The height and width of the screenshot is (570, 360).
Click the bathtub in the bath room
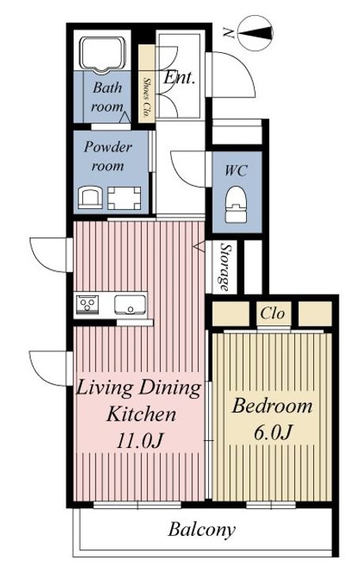coord(103,54)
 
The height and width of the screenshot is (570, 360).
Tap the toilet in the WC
coord(236,204)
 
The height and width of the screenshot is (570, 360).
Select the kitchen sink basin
coord(130,304)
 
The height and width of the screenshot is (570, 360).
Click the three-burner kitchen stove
coord(87,304)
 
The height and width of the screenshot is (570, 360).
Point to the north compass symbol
coord(255,33)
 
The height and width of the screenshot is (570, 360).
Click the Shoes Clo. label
coord(146,97)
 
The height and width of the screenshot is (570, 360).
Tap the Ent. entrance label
coord(179,78)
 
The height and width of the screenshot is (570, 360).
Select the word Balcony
coord(202,530)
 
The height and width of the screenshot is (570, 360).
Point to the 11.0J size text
coord(140,441)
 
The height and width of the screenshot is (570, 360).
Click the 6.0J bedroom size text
coord(272,432)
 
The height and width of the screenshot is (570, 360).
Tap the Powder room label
coord(108,156)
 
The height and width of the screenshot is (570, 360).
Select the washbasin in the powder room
coord(90,198)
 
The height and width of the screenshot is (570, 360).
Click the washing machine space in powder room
coord(124,198)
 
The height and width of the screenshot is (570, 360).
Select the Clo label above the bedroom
coord(272,313)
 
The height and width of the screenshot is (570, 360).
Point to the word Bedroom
coord(272,405)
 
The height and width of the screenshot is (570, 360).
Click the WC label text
coord(236,170)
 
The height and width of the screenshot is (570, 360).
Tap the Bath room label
coord(107,97)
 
